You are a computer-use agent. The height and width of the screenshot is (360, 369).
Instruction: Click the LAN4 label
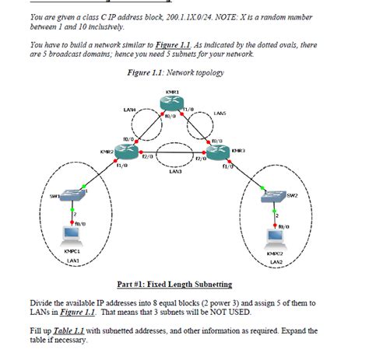click(x=129, y=110)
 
